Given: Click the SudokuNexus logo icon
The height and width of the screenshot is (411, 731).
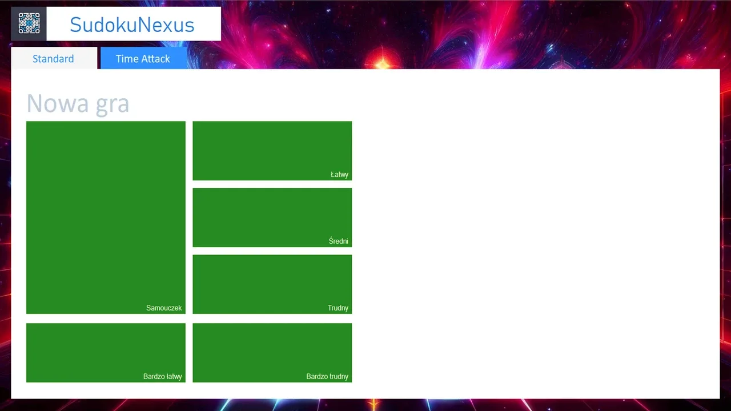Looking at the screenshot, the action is click(29, 23).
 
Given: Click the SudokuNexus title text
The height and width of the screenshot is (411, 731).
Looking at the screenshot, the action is click(132, 25).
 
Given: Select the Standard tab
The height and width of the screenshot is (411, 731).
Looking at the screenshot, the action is click(54, 58).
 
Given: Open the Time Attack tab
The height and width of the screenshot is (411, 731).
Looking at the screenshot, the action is click(143, 58).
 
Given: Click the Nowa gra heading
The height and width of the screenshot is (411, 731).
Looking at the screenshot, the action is click(78, 104).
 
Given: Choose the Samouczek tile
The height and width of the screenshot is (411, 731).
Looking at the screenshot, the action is click(106, 217).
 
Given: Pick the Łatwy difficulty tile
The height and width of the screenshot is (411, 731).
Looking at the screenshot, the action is click(272, 151).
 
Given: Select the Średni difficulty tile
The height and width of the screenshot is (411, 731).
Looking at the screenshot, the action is click(272, 217).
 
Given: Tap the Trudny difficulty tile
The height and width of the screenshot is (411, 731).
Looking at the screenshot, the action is click(272, 284).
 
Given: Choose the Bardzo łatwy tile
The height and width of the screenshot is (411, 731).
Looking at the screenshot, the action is click(106, 353).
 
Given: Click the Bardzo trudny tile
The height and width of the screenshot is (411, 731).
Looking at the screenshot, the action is click(272, 353).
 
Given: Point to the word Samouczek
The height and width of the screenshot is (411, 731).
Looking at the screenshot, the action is click(164, 308).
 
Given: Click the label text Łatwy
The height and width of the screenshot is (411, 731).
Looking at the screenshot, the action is click(339, 175).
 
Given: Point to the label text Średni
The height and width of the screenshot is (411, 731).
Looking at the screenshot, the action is click(339, 241).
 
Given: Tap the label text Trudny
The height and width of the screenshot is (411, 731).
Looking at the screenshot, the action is click(338, 308).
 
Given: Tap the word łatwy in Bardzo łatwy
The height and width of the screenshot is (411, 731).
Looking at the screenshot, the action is click(173, 376).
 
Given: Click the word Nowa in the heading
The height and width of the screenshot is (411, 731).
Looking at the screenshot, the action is click(58, 104).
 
